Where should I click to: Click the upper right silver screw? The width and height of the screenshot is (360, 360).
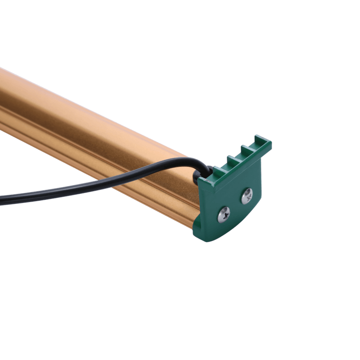click(x=247, y=196)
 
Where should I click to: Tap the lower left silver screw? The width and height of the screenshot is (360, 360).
click(x=224, y=215)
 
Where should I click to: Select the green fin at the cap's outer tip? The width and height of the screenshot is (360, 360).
click(x=262, y=141)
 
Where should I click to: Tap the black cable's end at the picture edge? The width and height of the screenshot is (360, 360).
click(x=1, y=199)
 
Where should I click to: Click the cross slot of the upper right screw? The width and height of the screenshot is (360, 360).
click(x=247, y=196)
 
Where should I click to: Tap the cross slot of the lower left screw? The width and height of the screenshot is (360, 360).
click(x=224, y=215)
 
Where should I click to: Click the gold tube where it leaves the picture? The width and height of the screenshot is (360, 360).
click(x=2, y=99)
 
